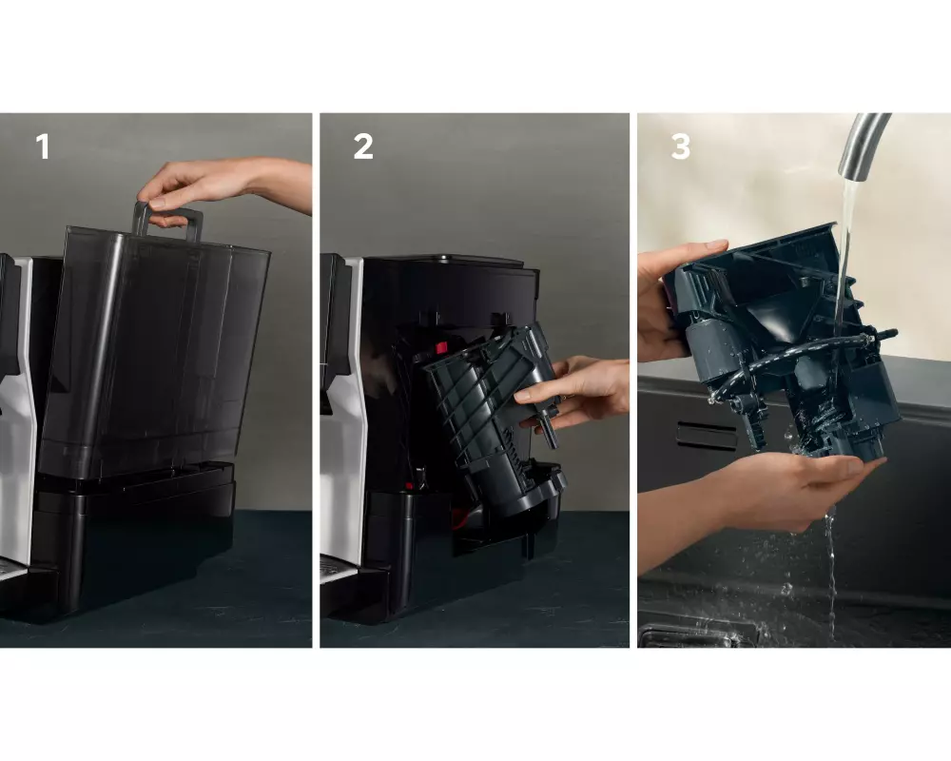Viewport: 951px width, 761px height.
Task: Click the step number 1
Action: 43,146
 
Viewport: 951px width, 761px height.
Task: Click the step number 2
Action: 363,146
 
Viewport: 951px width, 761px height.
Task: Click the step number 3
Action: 681,146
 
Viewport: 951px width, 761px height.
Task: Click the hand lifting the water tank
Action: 224,185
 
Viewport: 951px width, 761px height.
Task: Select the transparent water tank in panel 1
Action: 155,352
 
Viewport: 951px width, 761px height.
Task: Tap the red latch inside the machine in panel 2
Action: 439,348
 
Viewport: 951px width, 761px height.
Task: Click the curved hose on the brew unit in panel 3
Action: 788,357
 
